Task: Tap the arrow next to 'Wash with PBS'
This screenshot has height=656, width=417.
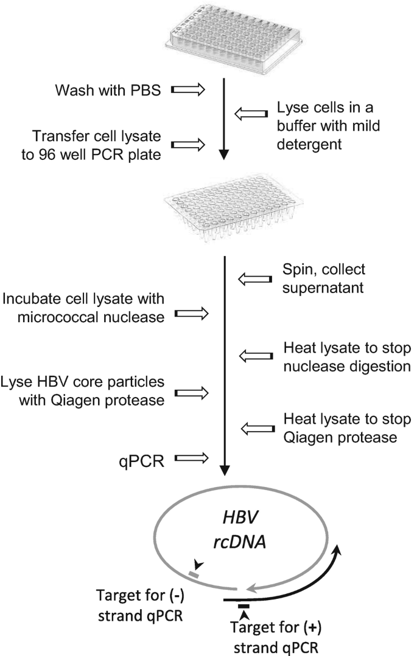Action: [x=190, y=90]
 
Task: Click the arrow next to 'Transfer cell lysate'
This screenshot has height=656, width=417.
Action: [x=190, y=145]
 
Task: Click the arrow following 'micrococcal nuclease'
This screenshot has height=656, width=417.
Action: [x=191, y=314]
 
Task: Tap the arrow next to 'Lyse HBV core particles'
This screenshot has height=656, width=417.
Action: [x=191, y=393]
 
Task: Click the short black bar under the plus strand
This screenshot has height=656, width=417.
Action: [x=244, y=606]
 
